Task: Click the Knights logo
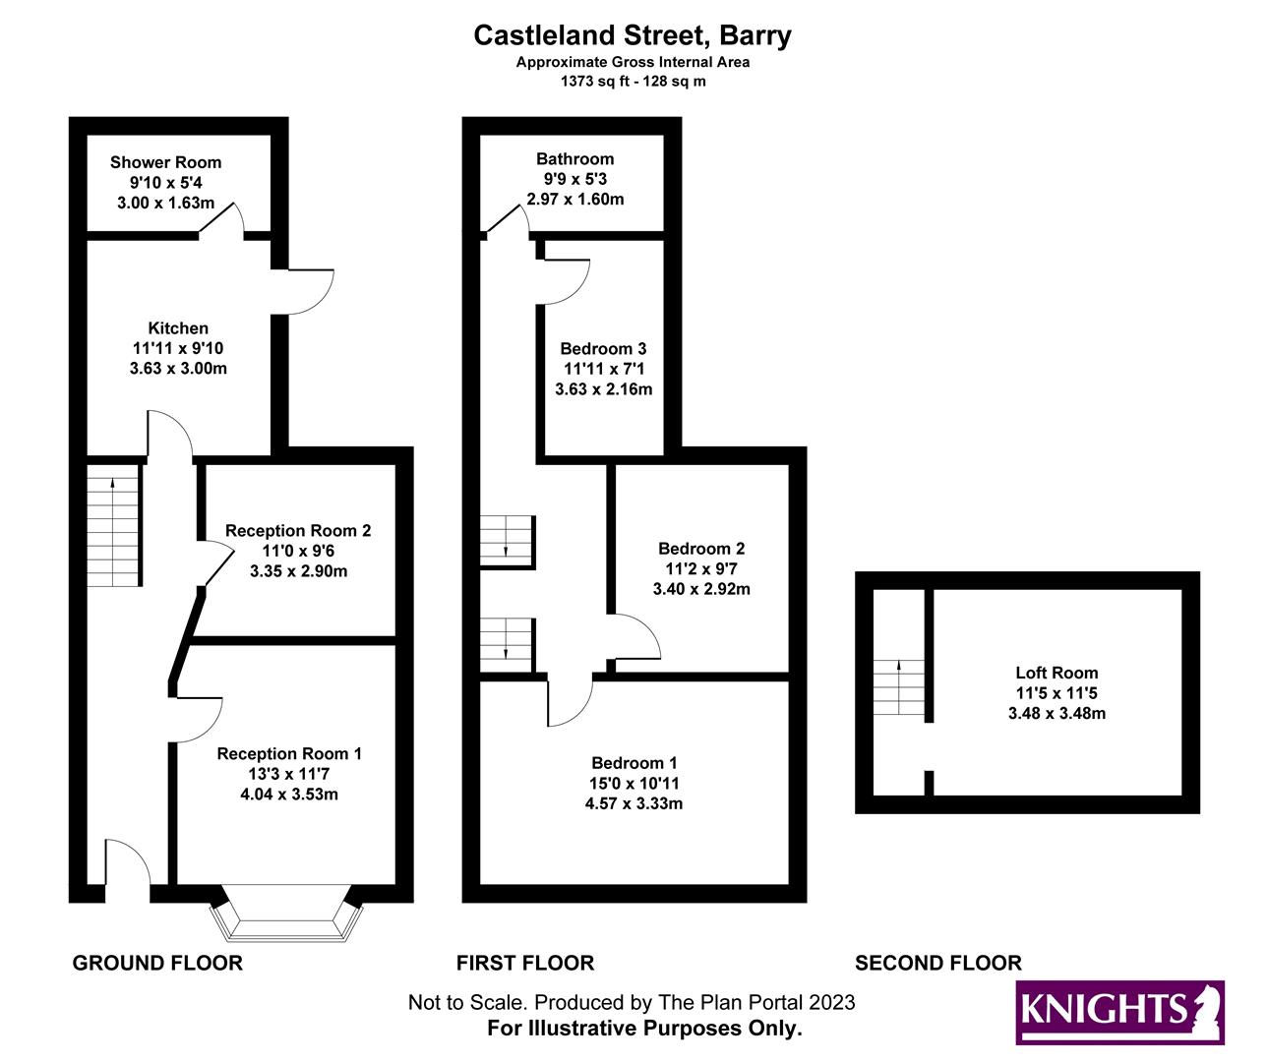coord(1119,1012)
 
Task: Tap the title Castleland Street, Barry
coord(633,35)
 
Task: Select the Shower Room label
coord(165,162)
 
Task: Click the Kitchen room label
coord(178,328)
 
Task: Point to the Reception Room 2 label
coord(298,531)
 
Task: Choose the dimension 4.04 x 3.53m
coord(289,794)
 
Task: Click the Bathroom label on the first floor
coord(574,158)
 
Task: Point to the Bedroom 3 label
coord(603,349)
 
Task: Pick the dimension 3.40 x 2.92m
coord(701,589)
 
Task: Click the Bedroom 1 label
coord(634,763)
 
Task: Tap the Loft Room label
coord(1057,673)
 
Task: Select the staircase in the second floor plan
coord(899,687)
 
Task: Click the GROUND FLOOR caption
coord(157,963)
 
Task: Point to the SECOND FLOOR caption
coord(937,963)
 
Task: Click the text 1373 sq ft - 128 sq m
coord(633,82)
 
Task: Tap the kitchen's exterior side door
coord(310,291)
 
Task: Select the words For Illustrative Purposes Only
coord(644,1029)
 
